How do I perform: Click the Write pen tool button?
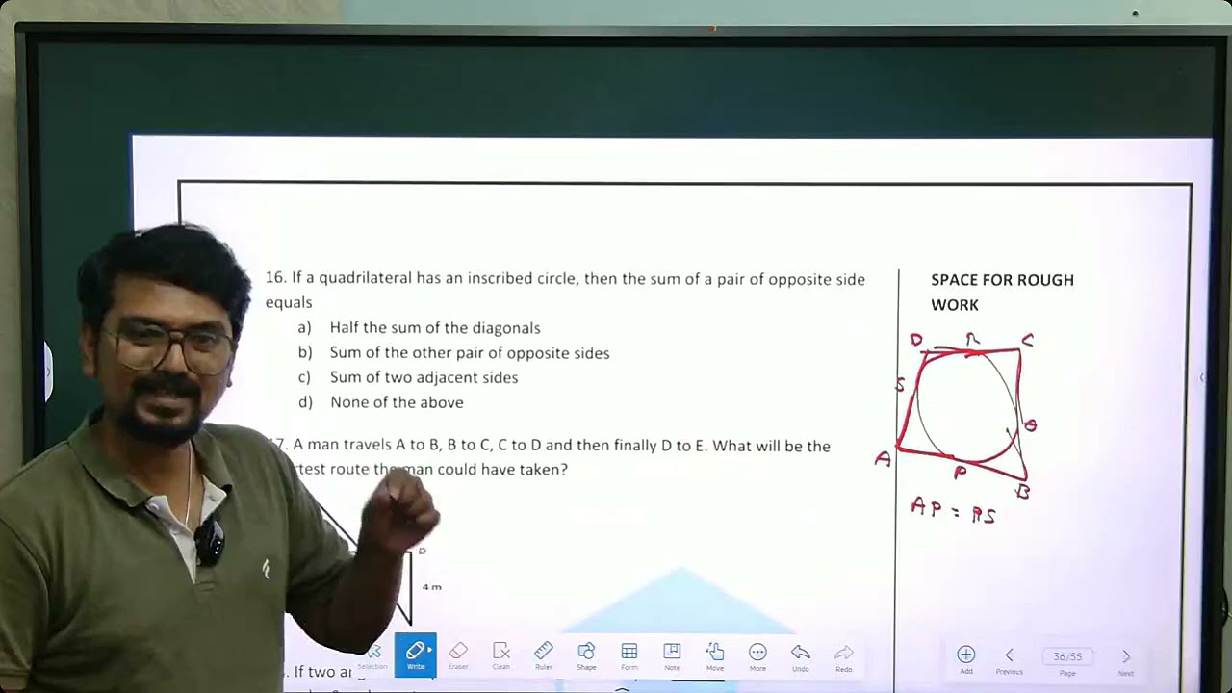click(415, 654)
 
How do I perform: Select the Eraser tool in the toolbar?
click(458, 654)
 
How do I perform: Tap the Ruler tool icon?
click(544, 654)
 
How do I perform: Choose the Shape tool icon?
click(586, 654)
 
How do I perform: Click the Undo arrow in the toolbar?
click(801, 654)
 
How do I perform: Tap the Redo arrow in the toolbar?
click(843, 654)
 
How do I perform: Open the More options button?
click(757, 654)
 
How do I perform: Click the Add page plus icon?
click(966, 656)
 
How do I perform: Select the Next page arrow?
click(1126, 656)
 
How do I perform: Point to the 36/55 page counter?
click(1067, 656)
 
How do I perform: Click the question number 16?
click(275, 278)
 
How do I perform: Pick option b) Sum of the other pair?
click(469, 353)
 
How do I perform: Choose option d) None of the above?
click(396, 402)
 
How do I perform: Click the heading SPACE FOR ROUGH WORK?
click(1002, 292)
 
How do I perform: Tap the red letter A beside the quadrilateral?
click(883, 460)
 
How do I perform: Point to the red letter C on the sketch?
click(1028, 340)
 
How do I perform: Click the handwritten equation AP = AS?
click(953, 510)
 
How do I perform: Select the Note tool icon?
click(672, 654)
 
